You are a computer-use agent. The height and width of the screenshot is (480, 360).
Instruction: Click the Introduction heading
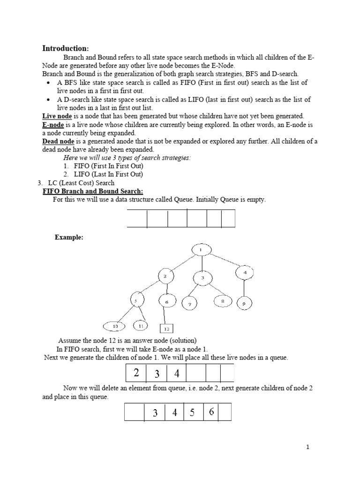(x=65, y=48)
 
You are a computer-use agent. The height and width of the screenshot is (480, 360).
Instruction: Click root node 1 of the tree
(x=200, y=250)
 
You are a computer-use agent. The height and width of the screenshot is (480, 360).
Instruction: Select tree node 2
(x=165, y=277)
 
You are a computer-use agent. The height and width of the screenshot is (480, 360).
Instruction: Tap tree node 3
(x=202, y=278)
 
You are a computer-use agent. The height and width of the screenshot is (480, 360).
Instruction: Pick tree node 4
(x=244, y=273)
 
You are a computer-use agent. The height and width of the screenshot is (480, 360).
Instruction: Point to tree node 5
(x=136, y=300)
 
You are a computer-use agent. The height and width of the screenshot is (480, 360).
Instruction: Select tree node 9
(x=244, y=304)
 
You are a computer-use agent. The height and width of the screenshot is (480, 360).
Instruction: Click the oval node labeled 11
(x=140, y=325)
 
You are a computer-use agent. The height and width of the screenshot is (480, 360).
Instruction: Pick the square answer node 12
(x=167, y=329)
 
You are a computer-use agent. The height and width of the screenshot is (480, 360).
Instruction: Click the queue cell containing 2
(x=136, y=374)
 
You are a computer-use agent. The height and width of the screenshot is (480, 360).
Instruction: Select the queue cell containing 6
(x=211, y=412)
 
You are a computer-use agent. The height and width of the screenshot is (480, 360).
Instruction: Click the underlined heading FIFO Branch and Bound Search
(x=93, y=191)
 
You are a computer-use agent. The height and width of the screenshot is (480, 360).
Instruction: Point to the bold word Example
(x=69, y=237)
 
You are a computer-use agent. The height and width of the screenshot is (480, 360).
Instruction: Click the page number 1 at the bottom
(x=307, y=447)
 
